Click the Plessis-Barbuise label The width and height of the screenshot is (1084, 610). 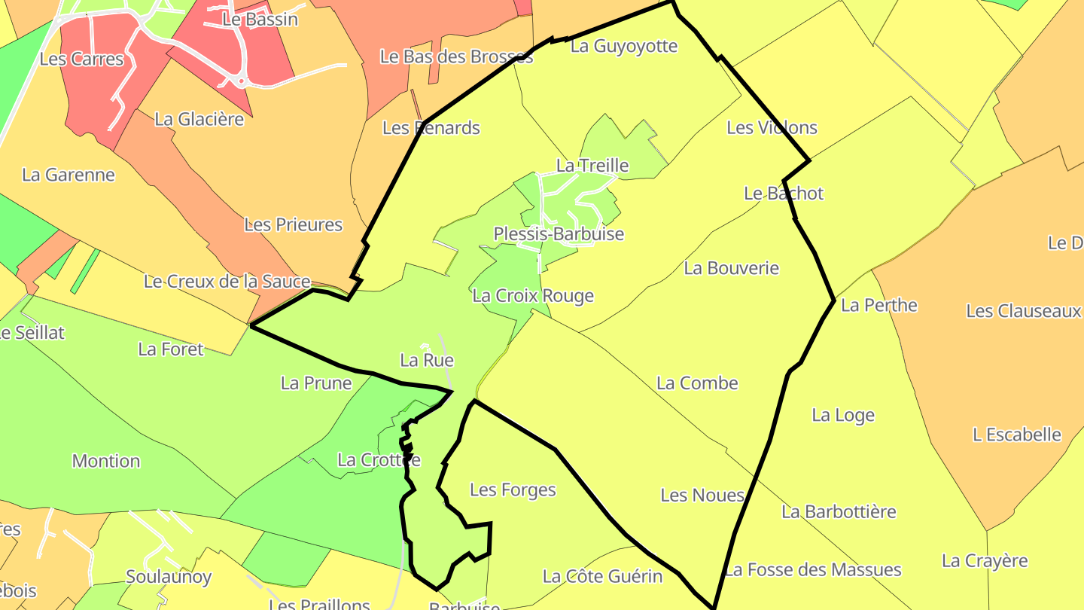coord(559,234)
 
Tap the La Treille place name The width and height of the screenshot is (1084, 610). coord(592,165)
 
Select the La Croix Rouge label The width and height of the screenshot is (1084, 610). coord(533,296)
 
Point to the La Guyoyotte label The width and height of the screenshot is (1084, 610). coord(624,46)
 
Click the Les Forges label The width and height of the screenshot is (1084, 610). coord(513,490)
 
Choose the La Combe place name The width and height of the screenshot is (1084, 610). coord(697,383)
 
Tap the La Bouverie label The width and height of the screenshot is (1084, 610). coord(731,268)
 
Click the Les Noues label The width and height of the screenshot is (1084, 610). coord(702,496)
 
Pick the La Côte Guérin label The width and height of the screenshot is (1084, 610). coord(603,577)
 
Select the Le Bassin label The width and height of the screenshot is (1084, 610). coord(260,20)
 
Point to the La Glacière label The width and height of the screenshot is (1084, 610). coord(199,119)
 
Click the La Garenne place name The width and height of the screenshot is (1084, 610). coord(69,175)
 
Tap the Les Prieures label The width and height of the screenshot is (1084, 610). coord(293,224)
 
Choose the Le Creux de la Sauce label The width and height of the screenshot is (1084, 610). coord(227,282)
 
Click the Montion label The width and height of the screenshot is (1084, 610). coord(106,461)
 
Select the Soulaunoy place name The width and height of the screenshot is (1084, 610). coord(169,577)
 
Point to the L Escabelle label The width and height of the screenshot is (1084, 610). coord(1017,435)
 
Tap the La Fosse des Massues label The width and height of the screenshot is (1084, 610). coord(812,570)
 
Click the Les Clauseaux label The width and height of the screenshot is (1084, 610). coord(1024,311)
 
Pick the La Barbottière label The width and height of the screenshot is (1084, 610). coord(839,512)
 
